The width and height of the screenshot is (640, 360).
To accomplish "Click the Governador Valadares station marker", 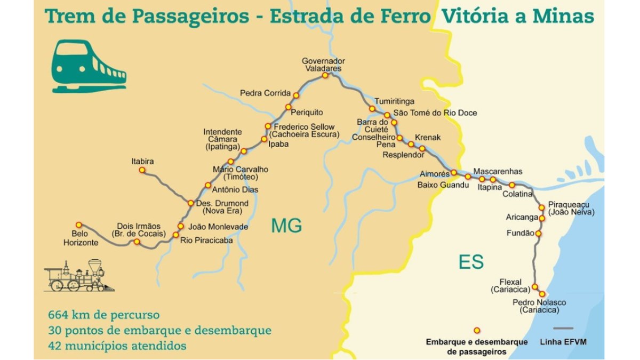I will (325, 76).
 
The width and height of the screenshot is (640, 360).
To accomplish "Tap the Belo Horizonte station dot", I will (79, 225).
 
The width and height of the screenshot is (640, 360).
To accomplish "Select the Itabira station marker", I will (142, 170).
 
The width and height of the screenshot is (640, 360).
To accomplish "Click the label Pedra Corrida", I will (265, 93).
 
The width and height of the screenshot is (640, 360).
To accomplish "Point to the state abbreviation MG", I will (286, 226).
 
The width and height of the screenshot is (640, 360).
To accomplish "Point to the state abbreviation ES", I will (471, 262).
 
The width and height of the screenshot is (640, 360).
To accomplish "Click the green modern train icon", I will (88, 66).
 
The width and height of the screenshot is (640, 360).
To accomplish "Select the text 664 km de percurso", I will (103, 315).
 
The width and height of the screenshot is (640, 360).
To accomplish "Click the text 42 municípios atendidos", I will (117, 346).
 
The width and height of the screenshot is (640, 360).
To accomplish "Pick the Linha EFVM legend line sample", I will (563, 329).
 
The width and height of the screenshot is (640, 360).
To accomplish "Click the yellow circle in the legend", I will (477, 330).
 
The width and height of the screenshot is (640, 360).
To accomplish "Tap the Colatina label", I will (517, 194).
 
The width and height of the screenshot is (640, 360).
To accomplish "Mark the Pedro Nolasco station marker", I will (542, 294).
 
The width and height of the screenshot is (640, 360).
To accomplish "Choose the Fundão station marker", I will (538, 234).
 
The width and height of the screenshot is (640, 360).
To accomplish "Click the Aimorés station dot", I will (453, 173).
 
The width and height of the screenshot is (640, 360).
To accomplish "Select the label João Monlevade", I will (219, 227).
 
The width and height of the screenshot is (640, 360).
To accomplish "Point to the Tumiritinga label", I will (394, 101).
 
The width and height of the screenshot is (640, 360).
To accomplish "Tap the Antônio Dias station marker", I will (208, 185).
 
